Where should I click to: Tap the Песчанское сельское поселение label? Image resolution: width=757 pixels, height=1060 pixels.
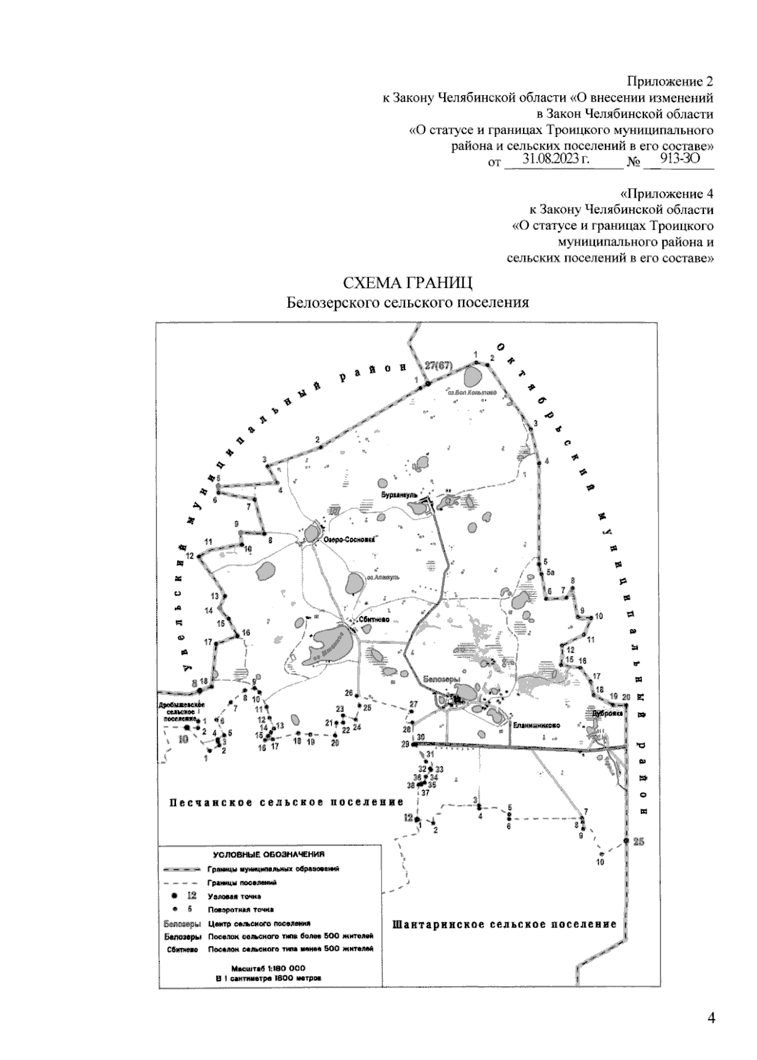click(x=286, y=802)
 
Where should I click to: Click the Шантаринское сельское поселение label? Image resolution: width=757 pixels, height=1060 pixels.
click(x=504, y=924)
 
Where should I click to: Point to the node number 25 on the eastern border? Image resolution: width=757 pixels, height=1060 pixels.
click(x=638, y=841)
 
